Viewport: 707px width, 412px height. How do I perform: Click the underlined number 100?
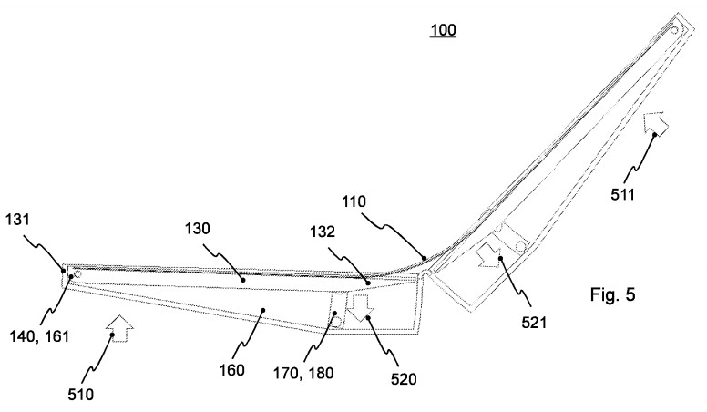click(444, 31)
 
